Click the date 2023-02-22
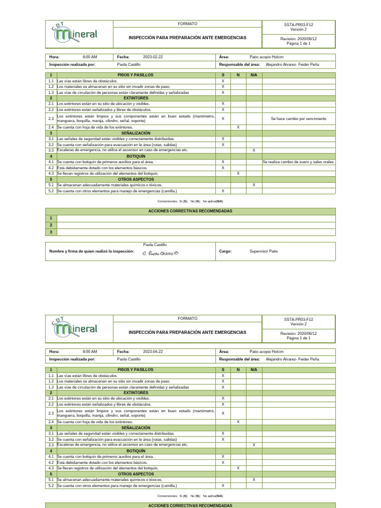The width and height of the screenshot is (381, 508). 153,57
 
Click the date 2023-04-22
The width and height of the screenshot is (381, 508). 153,351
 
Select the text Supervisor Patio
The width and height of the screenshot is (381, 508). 264,252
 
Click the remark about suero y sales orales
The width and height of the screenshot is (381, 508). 298,162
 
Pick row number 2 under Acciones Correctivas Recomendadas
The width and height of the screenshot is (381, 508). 51,225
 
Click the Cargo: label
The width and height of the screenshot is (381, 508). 225,252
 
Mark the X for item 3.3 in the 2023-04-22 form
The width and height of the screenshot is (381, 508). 254,445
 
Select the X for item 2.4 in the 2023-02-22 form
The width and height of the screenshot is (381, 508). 238,127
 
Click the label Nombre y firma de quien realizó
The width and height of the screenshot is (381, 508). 91,252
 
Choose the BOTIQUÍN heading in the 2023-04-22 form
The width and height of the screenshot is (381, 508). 136,451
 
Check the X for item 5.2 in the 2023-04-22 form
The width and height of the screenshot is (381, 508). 223,486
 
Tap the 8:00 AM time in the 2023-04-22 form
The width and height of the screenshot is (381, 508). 90,351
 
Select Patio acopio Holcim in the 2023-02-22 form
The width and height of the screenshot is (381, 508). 266,57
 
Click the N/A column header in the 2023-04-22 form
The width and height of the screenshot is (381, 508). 254,370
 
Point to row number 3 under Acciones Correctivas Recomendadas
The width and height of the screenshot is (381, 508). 51,232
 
